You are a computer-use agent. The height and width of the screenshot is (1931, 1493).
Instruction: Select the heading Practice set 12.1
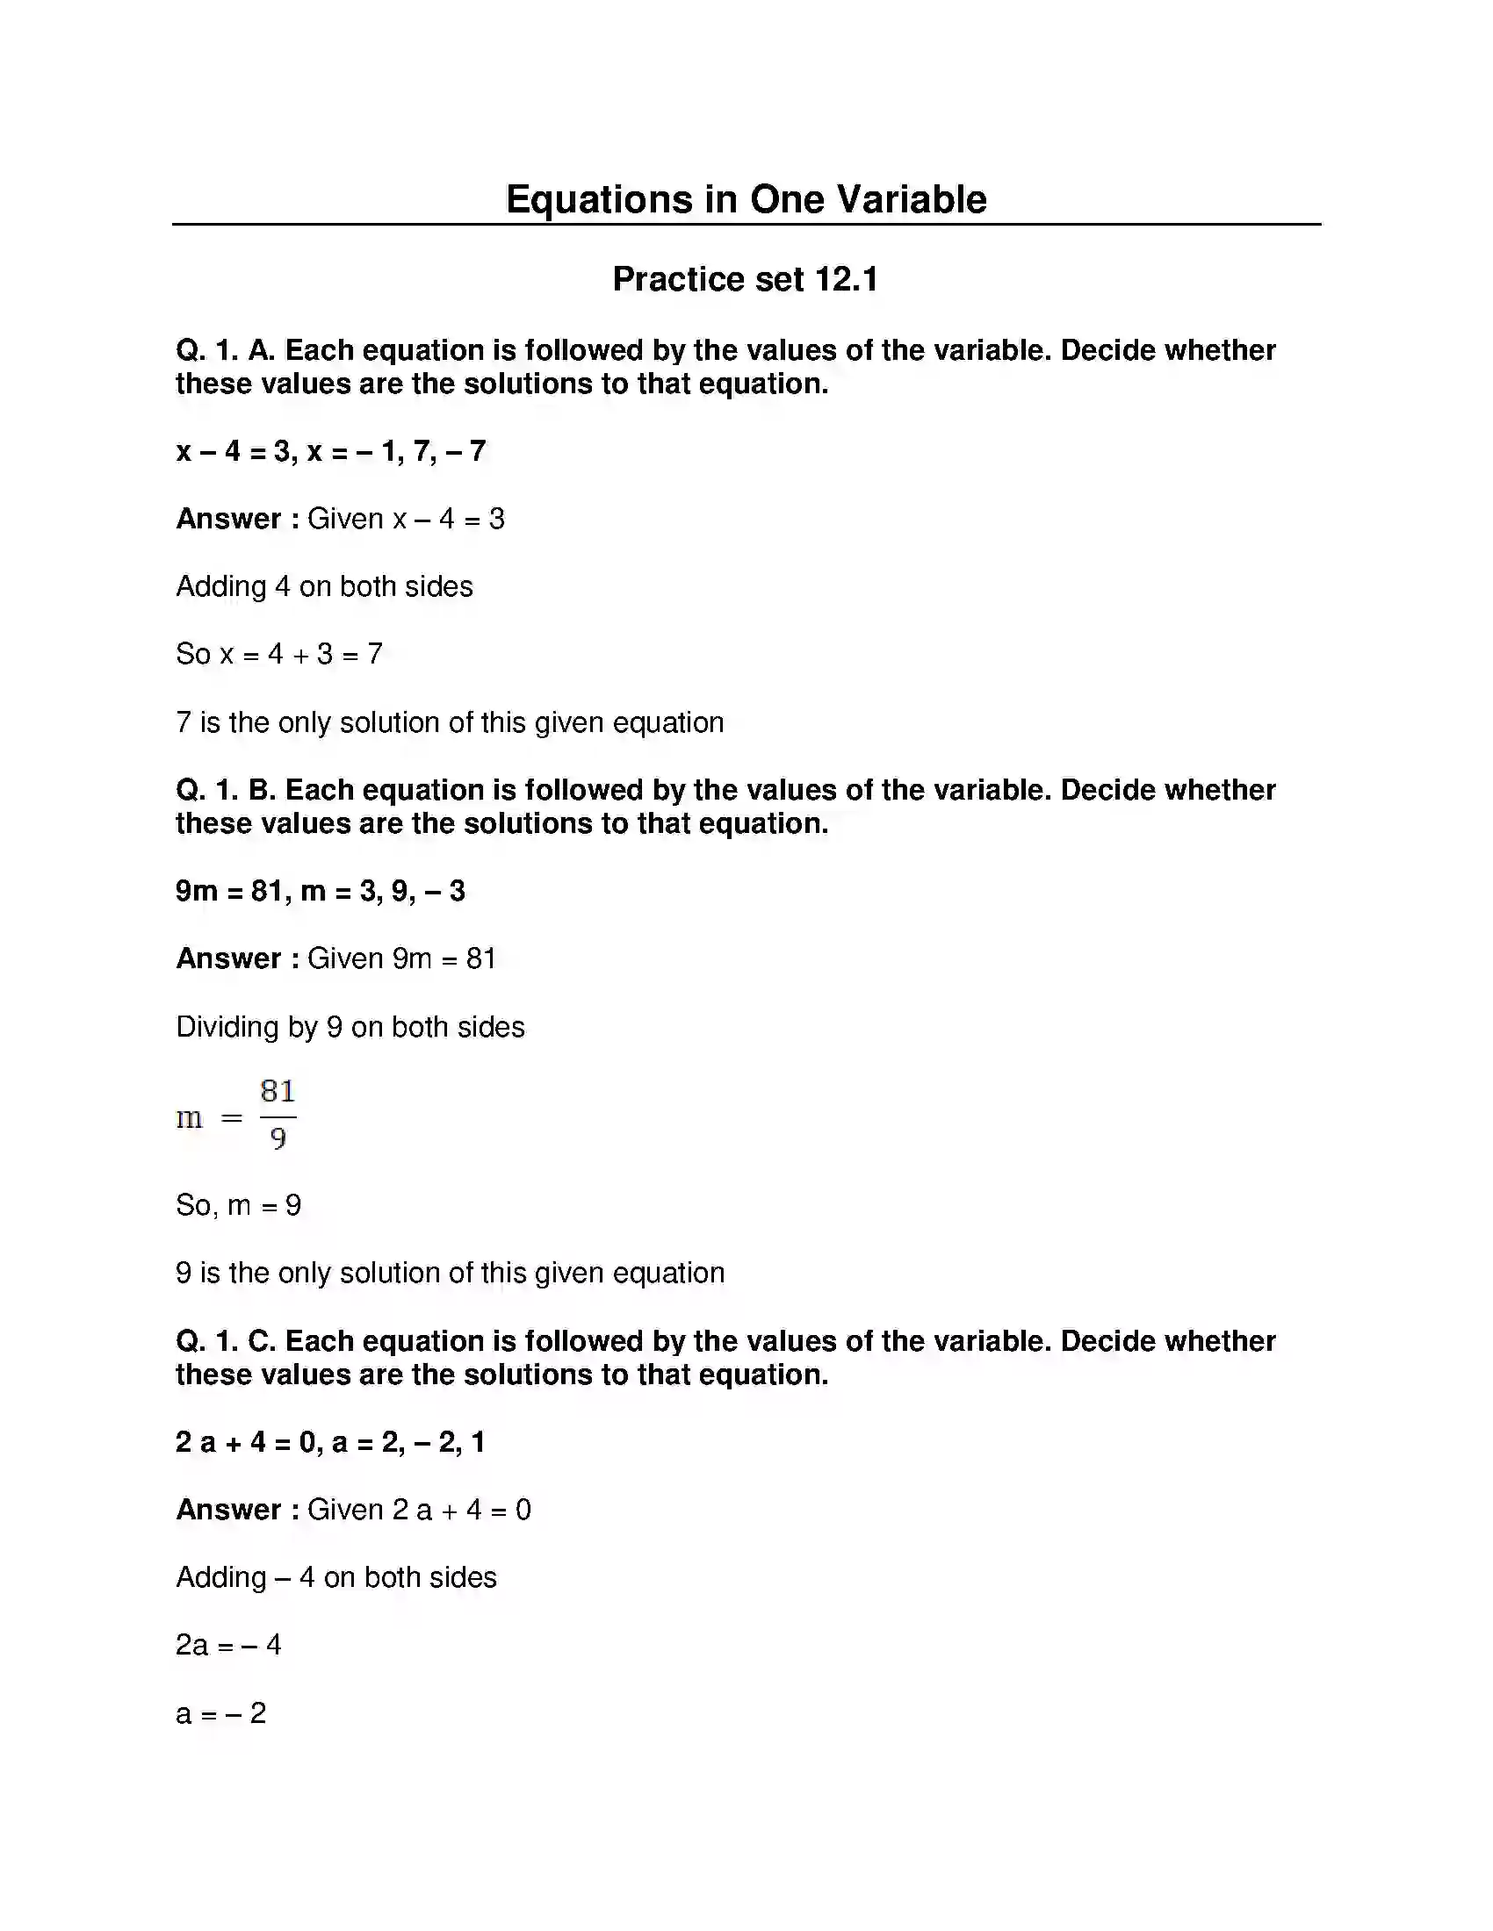pyautogui.click(x=745, y=279)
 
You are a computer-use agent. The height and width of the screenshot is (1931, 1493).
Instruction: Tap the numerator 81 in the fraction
pyautogui.click(x=278, y=1091)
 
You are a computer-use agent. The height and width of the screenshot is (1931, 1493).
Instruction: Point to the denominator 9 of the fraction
pyautogui.click(x=278, y=1138)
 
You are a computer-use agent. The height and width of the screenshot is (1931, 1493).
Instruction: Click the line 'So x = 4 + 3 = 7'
pyautogui.click(x=278, y=654)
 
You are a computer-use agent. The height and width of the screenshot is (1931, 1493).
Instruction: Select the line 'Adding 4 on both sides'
pyautogui.click(x=324, y=586)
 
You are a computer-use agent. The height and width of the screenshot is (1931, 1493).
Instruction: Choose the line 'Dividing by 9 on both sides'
pyautogui.click(x=350, y=1027)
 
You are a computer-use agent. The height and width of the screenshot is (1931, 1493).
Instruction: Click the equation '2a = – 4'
pyautogui.click(x=228, y=1645)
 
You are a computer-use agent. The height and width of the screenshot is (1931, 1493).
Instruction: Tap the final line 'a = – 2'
pyautogui.click(x=221, y=1713)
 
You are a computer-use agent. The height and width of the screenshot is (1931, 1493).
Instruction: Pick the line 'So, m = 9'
pyautogui.click(x=239, y=1205)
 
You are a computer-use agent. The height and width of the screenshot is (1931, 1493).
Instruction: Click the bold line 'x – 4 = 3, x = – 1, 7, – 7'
pyautogui.click(x=331, y=451)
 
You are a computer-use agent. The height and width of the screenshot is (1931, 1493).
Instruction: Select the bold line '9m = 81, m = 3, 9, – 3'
pyautogui.click(x=321, y=890)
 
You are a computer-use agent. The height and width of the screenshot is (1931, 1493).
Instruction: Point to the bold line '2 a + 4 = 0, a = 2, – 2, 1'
pyautogui.click(x=330, y=1442)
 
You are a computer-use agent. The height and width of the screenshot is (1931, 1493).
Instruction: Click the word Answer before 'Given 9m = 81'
pyautogui.click(x=228, y=958)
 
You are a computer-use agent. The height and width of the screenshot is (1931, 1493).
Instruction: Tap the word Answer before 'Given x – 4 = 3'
pyautogui.click(x=228, y=519)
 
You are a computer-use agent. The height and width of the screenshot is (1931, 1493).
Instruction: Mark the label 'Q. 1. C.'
pyautogui.click(x=226, y=1341)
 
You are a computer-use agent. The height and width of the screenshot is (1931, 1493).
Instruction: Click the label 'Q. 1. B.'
pyautogui.click(x=226, y=790)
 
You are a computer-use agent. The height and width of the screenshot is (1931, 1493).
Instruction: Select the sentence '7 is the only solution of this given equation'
pyautogui.click(x=450, y=722)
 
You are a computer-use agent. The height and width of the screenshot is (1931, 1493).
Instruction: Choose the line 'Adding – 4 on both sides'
pyautogui.click(x=336, y=1577)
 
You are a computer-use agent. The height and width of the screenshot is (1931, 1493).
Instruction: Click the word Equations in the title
pyautogui.click(x=598, y=199)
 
